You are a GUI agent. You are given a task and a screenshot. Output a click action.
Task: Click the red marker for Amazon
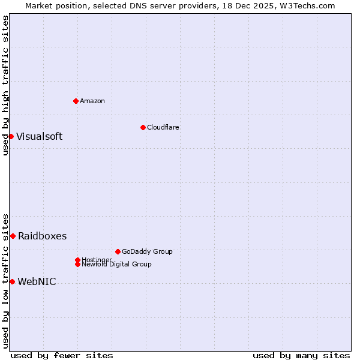pos(76,101)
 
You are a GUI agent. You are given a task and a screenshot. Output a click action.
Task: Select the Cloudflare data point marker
pos(143,127)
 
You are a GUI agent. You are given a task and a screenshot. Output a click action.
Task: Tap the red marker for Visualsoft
pos(11,136)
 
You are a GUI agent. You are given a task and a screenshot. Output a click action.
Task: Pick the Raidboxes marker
pos(13,236)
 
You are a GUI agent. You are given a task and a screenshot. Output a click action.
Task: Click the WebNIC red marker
pos(12,281)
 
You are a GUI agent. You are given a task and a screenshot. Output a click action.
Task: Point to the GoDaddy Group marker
pos(118,251)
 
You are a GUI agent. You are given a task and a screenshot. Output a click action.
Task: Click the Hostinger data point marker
pos(77,260)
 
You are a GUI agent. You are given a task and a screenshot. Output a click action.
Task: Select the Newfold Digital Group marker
pos(77,264)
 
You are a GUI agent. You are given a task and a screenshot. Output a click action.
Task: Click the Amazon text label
pos(92,101)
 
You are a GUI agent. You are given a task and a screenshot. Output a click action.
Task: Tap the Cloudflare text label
pos(163,127)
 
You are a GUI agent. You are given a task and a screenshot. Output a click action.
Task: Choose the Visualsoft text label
pos(39,136)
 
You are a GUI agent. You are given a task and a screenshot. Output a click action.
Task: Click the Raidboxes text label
pos(42,236)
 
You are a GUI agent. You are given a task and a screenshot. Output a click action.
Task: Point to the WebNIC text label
pos(37,281)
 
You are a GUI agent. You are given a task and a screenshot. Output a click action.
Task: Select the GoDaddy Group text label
pos(147,251)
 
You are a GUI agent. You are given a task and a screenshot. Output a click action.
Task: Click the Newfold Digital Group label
pos(117,265)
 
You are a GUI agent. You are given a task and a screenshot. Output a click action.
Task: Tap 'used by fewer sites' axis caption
pos(62,356)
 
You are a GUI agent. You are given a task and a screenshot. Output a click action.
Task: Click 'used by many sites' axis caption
pos(301,356)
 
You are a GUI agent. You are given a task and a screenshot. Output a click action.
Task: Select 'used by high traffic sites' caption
pos(5,86)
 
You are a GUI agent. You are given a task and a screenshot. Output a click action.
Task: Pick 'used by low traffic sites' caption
pos(5,280)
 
